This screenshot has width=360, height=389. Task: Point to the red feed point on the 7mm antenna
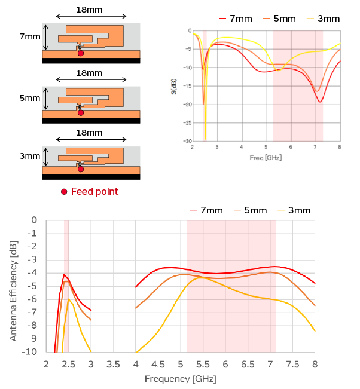coord(81,54)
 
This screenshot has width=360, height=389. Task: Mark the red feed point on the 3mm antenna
coord(81,170)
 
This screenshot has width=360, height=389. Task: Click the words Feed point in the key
coord(94,191)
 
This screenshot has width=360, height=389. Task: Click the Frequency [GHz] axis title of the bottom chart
coord(180,379)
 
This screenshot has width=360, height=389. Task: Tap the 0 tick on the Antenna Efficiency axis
coord(33,220)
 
